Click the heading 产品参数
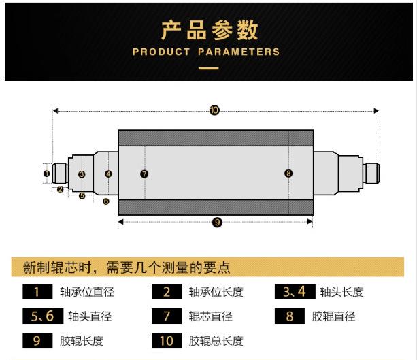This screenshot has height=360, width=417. coord(209,31)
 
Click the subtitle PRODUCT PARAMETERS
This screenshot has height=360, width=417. coord(206,52)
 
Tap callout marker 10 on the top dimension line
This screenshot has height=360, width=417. coord(215,110)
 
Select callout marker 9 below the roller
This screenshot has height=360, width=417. coord(217,223)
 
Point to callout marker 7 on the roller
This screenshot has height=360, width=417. coord(144,174)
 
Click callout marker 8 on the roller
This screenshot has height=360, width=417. coord(288,174)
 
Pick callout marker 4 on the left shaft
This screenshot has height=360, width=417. coord(108,174)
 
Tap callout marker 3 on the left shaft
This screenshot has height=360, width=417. coord(82,175)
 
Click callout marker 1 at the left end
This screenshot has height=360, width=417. coord(46,174)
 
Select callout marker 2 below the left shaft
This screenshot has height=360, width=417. coord(60,189)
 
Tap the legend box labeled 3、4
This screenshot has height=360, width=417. coord(295,293)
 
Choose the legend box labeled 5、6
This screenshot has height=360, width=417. coord(42,316)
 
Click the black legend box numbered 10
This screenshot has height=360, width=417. coord(167,340)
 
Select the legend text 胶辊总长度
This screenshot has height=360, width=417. coord(216,341)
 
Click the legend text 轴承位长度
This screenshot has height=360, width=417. coord(216,293)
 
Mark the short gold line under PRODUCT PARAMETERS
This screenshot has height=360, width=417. coord(208,68)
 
